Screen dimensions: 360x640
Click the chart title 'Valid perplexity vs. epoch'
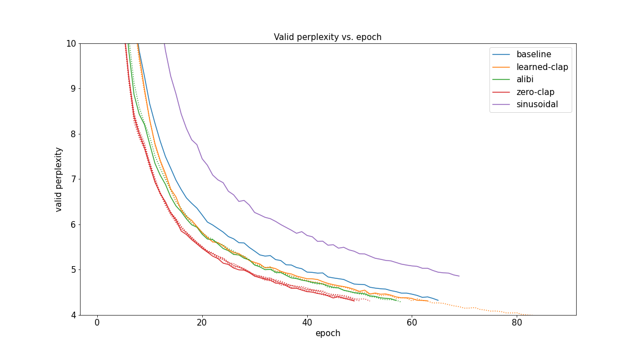[x=327, y=37]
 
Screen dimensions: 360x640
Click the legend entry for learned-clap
[x=542, y=67]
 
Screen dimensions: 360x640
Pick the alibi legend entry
[x=528, y=79]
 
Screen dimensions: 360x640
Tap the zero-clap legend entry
[x=535, y=92]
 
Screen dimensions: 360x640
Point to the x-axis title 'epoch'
[x=328, y=333]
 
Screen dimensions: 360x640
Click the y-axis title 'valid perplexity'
[x=59, y=179]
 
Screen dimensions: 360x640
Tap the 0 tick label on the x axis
[x=97, y=323]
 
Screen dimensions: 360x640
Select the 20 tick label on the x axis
[x=202, y=323]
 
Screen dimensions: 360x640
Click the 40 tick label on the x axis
[x=307, y=323]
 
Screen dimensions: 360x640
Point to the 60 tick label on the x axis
[x=412, y=323]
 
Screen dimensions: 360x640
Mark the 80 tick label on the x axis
[x=517, y=323]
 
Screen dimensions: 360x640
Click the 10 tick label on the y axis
[x=71, y=43]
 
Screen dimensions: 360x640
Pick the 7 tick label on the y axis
[x=73, y=179]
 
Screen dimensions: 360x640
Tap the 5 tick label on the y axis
[x=73, y=270]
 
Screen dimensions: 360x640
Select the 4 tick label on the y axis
[x=73, y=315]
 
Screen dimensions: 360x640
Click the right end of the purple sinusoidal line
[x=459, y=276]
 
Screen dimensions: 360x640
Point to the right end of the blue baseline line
[x=438, y=300]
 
